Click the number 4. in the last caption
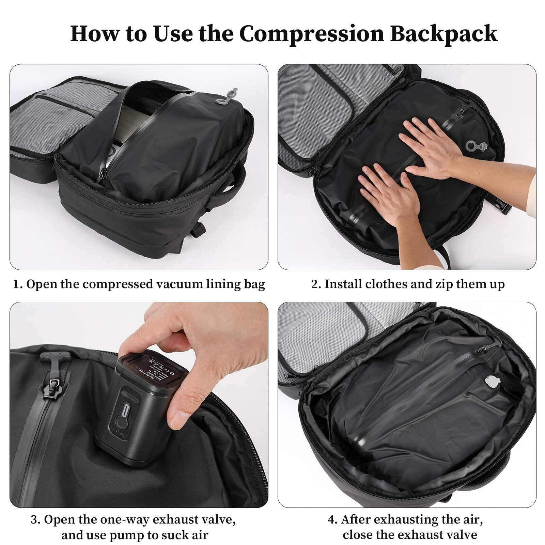[332, 520]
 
